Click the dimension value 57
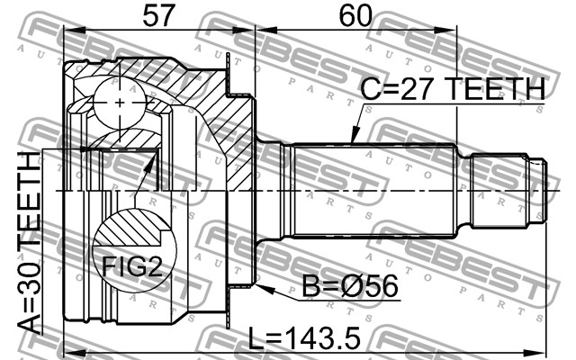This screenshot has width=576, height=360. pos(157,16)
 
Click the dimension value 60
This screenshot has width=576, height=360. pos(355,16)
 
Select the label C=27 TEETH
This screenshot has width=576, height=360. pos(453,88)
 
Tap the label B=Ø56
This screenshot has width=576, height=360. pos(350,286)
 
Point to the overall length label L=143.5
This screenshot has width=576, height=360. pos(304,338)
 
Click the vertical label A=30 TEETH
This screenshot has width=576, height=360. pos(30,243)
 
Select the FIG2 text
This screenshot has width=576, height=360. pos(132,266)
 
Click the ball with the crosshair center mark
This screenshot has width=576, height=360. pos(120,103)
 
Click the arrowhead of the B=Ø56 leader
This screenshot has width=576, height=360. pos(265,289)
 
